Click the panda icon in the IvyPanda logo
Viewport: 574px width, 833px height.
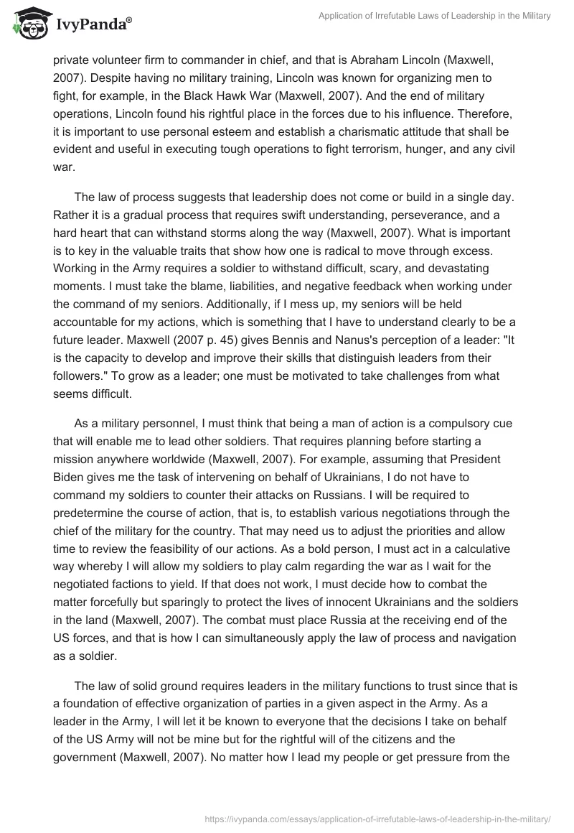point(28,25)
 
